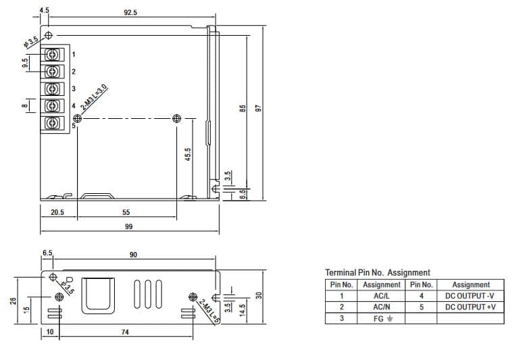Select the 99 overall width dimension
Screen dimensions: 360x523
(128, 227)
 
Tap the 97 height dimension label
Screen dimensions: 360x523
(257, 108)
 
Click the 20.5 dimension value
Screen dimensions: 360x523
(57, 212)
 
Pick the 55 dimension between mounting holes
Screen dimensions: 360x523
(126, 212)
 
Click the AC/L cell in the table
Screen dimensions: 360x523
(382, 296)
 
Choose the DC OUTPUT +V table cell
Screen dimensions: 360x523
(470, 307)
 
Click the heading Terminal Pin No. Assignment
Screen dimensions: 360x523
(378, 273)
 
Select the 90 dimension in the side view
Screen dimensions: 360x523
(133, 255)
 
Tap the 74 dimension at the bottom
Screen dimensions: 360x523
(125, 332)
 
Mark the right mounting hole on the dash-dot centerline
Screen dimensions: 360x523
(177, 118)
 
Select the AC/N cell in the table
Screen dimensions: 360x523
(382, 307)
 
